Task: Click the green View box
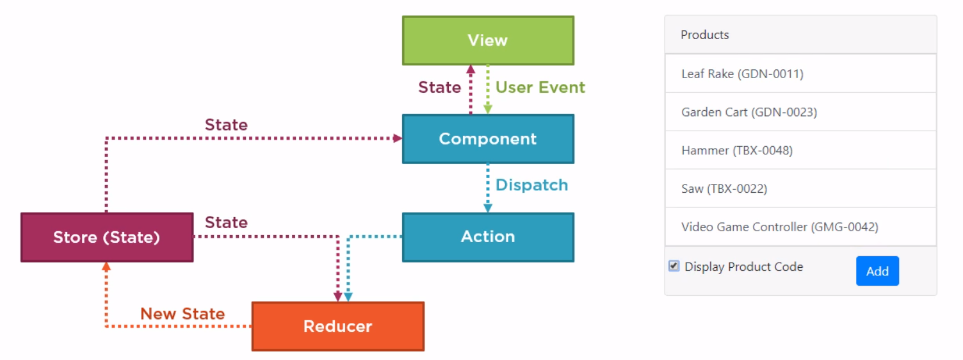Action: pos(488,40)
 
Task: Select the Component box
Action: pos(488,138)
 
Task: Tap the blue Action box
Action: pos(488,237)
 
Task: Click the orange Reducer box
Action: pos(338,326)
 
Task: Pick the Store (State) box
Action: pos(107,237)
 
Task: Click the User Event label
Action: pos(540,87)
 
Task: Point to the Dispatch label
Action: pos(532,185)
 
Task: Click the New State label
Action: pos(182,313)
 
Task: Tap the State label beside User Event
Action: pos(439,87)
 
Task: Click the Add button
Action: pos(877,271)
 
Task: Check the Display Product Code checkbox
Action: pos(674,266)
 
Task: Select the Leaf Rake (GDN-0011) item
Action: pos(743,74)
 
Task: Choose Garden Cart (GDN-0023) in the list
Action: pos(749,112)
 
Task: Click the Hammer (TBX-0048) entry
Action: pos(737,151)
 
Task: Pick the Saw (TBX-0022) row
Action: pos(724,189)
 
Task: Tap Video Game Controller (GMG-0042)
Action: pos(780,227)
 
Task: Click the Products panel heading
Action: pos(704,35)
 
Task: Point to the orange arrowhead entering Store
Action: pos(106,266)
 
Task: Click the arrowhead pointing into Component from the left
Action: pos(398,138)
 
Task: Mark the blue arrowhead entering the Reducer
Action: pos(348,297)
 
